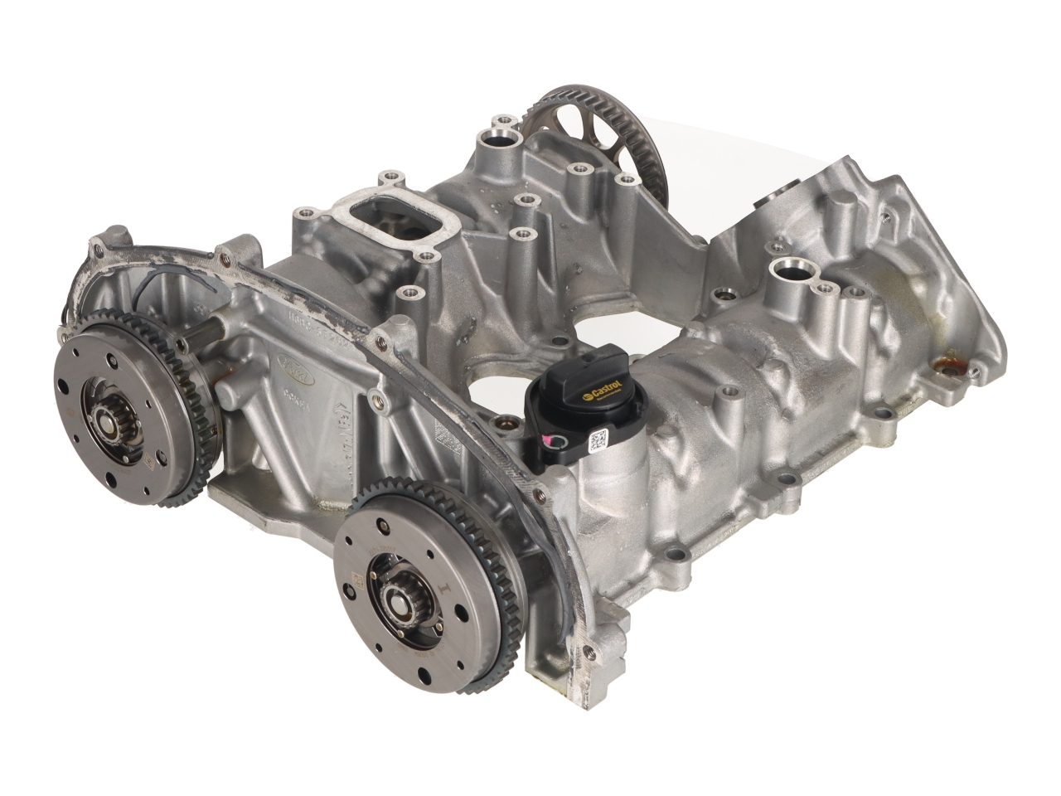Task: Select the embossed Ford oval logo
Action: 296,370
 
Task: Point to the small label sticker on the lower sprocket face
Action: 358,585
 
